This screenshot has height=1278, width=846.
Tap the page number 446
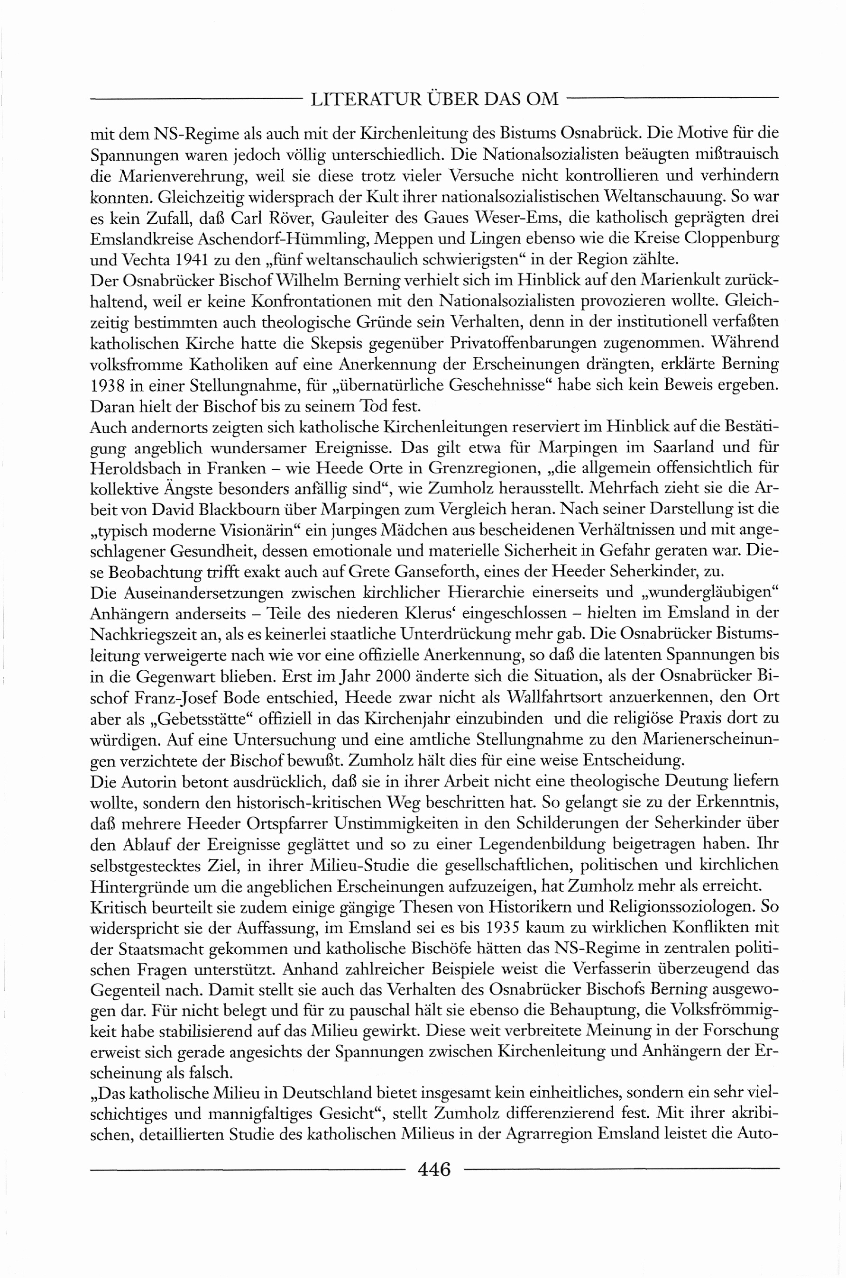pyautogui.click(x=434, y=1169)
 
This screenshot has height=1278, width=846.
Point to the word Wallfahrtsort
pyautogui.click(x=556, y=697)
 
